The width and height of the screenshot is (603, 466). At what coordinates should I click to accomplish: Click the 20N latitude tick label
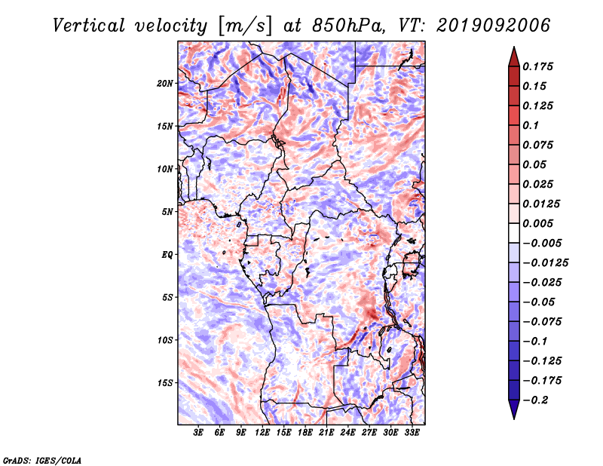(x=165, y=84)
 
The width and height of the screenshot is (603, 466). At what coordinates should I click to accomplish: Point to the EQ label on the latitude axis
(x=167, y=255)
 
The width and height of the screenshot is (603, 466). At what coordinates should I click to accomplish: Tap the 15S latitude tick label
(x=165, y=383)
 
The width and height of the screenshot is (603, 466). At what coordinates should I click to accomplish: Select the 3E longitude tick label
(x=198, y=432)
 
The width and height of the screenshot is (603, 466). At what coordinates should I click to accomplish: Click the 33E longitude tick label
(x=412, y=432)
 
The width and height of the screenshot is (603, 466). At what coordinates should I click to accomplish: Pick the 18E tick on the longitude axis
(x=305, y=432)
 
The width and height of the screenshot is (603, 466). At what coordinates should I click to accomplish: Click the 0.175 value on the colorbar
(x=537, y=66)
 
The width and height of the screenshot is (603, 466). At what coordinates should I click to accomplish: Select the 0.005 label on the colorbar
(x=537, y=223)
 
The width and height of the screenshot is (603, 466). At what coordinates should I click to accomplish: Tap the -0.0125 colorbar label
(x=545, y=263)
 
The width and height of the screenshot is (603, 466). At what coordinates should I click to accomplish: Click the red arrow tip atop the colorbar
(x=514, y=47)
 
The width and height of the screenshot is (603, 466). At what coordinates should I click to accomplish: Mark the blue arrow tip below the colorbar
(x=514, y=418)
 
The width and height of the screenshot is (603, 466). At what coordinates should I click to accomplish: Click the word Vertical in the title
(x=89, y=26)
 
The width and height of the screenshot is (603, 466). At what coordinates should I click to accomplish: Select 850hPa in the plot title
(x=348, y=26)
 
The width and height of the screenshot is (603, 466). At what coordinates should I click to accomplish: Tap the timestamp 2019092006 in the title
(x=494, y=26)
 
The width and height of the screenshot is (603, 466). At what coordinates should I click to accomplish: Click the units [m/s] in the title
(x=244, y=26)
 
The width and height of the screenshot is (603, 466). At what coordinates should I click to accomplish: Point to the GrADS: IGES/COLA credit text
(x=42, y=461)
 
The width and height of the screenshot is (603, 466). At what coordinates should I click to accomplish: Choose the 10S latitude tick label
(x=165, y=340)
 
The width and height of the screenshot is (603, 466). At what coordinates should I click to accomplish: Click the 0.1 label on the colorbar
(x=531, y=125)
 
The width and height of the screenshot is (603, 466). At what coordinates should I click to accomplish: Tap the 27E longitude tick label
(x=369, y=432)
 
